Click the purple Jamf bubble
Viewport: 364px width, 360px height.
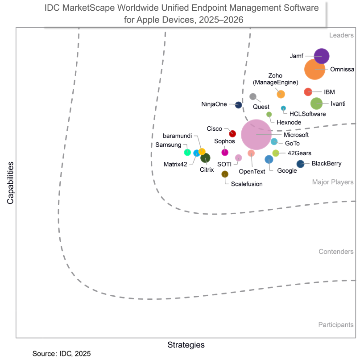pos(322,56)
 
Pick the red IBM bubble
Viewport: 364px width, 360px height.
pos(308,92)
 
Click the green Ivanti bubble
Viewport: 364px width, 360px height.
pos(316,103)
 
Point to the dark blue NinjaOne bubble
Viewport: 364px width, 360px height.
pos(239,105)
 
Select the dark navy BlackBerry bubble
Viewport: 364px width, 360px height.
pos(300,164)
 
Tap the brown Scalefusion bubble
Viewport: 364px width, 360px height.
pos(225,174)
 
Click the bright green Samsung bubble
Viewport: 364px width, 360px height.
pos(187,153)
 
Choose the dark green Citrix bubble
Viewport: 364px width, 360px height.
pos(205,157)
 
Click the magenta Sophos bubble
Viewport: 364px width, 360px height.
pos(225,152)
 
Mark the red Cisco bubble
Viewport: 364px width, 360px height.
pos(232,133)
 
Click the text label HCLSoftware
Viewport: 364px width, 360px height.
pos(307,114)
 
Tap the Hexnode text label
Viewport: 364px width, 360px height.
pos(289,122)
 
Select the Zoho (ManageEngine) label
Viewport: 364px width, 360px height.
pos(275,79)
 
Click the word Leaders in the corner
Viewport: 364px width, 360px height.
pos(341,35)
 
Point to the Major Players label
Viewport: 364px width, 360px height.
pos(333,182)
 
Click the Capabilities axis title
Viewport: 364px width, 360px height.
pos(10,182)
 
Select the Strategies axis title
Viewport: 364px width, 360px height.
pos(186,345)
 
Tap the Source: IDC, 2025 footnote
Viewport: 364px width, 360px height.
pos(62,354)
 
